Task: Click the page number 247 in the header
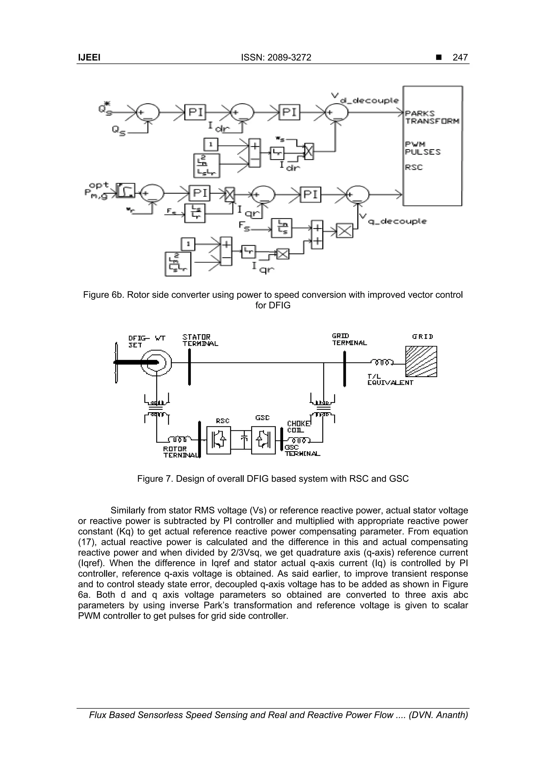point(460,58)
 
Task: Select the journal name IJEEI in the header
point(89,58)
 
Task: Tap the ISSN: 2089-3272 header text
point(276,58)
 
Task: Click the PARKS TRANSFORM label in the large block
point(432,117)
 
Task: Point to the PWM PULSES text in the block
point(422,148)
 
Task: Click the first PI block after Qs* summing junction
point(195,112)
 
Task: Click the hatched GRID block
point(421,361)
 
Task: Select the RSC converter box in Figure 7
point(218,440)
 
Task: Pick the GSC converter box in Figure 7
point(263,440)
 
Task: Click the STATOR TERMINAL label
point(200,340)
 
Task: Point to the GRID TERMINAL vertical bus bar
point(344,369)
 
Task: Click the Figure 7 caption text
point(272,478)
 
